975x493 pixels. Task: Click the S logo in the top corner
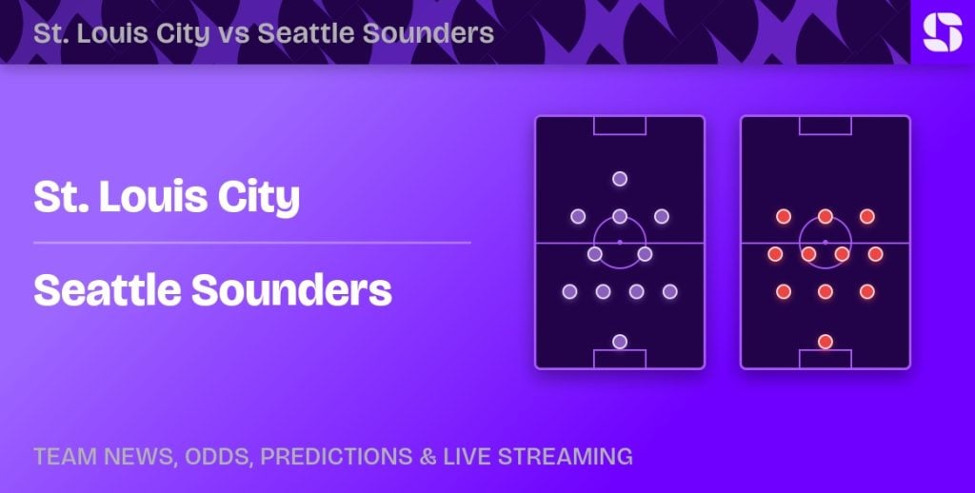[x=942, y=32]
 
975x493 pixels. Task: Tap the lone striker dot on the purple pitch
[x=619, y=179]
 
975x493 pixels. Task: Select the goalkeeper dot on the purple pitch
[x=619, y=342]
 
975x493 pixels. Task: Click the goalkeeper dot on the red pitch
[x=826, y=342]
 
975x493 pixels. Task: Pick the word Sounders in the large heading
[x=291, y=290]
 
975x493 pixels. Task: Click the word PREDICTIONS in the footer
[x=336, y=456]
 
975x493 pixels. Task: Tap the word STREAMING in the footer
[x=566, y=456]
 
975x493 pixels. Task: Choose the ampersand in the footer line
[x=428, y=456]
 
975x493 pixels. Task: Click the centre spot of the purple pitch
[x=619, y=242]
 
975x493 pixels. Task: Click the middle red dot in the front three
[x=826, y=216]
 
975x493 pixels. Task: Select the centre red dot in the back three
[x=826, y=291]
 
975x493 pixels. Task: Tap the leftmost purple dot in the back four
[x=569, y=291]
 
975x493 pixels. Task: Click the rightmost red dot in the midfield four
[x=876, y=254]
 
